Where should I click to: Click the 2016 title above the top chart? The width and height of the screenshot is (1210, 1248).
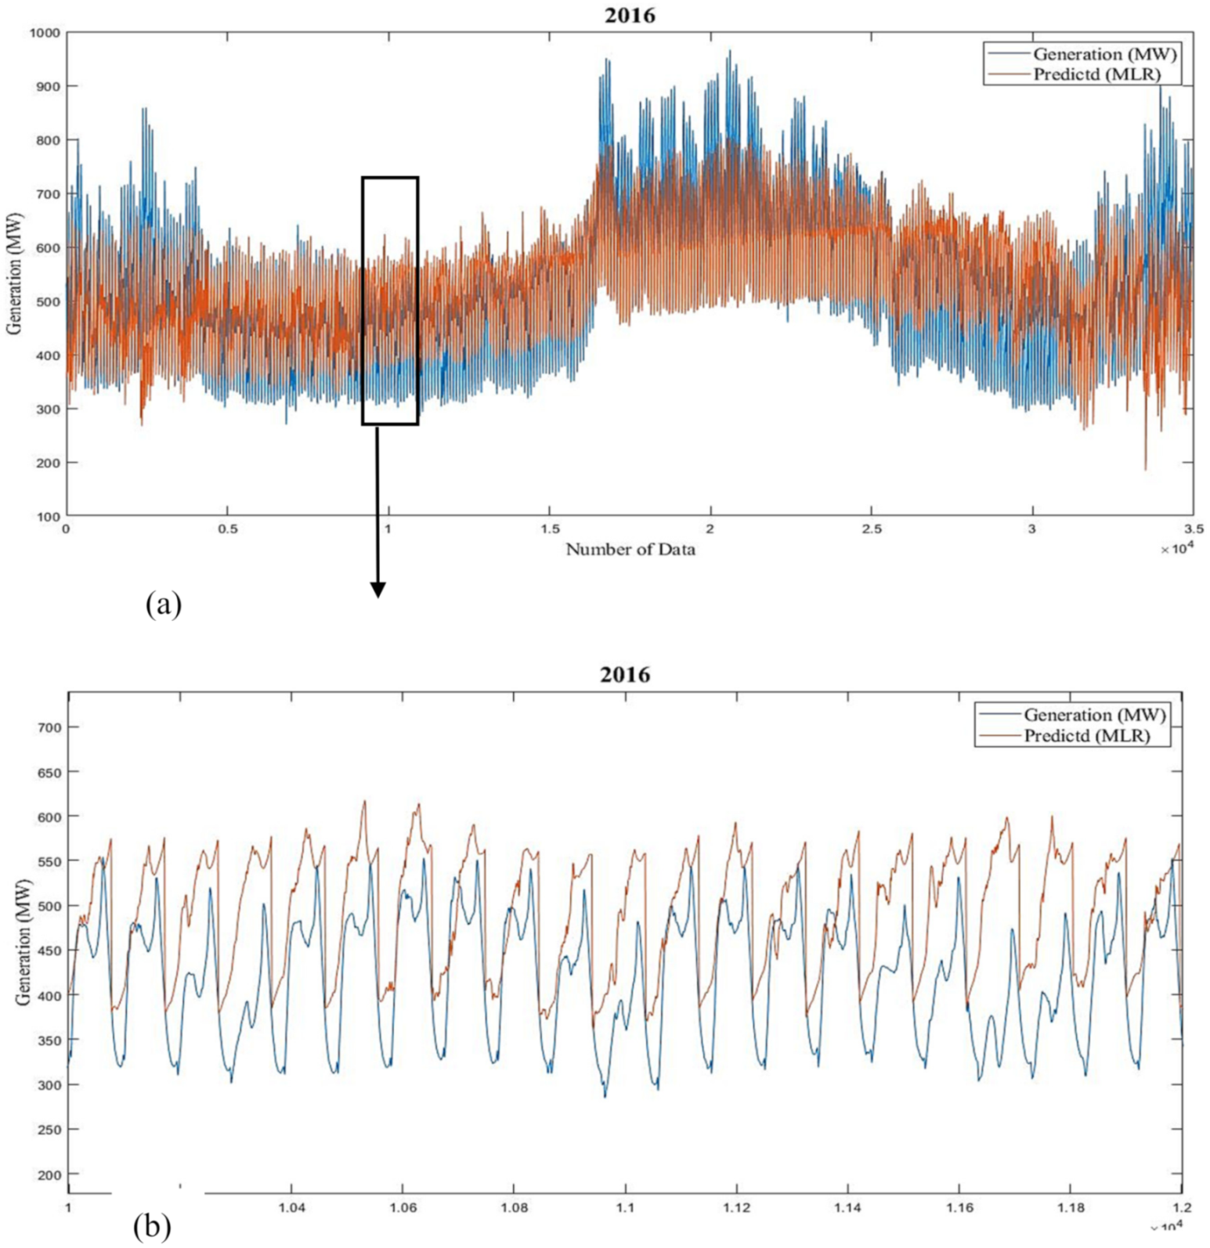pyautogui.click(x=630, y=15)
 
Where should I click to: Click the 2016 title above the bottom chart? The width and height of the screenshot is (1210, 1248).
pyautogui.click(x=624, y=674)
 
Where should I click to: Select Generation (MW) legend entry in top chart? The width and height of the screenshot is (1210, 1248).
pyautogui.click(x=1103, y=54)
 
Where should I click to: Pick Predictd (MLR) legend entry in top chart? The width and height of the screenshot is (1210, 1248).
pyautogui.click(x=1096, y=74)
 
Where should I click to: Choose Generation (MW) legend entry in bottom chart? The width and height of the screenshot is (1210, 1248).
pyautogui.click(x=1094, y=715)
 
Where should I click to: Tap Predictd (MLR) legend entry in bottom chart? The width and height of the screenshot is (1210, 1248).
pyautogui.click(x=1086, y=736)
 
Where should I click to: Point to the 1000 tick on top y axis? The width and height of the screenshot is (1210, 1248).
pyautogui.click(x=44, y=33)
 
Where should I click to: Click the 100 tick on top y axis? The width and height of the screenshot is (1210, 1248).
pyautogui.click(x=48, y=517)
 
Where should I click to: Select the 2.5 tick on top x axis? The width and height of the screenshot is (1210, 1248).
pyautogui.click(x=871, y=529)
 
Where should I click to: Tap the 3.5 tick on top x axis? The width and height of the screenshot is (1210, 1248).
pyautogui.click(x=1194, y=529)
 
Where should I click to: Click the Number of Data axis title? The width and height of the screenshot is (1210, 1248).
pyautogui.click(x=630, y=550)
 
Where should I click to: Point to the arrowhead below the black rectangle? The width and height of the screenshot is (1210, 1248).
pyautogui.click(x=377, y=590)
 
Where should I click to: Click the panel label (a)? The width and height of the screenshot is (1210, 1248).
pyautogui.click(x=163, y=604)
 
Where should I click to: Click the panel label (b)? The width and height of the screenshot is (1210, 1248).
pyautogui.click(x=152, y=1227)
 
